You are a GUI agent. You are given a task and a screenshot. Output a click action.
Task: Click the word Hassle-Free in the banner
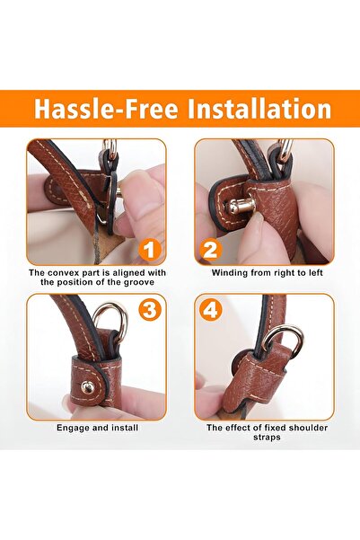[x=106, y=109]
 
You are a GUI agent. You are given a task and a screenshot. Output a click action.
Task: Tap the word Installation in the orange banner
[x=259, y=109]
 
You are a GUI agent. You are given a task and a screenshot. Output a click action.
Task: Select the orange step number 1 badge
[x=150, y=250]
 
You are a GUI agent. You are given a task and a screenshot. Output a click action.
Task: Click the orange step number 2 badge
[x=210, y=250]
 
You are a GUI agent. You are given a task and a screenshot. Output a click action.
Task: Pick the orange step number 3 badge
[x=150, y=310]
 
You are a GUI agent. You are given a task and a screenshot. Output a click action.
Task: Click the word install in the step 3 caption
[x=126, y=428]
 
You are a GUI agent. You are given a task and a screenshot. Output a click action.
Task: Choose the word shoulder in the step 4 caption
[x=308, y=428]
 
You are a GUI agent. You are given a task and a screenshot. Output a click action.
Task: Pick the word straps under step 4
[x=267, y=438]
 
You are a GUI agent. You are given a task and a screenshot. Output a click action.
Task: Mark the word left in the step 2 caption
[x=316, y=273]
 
